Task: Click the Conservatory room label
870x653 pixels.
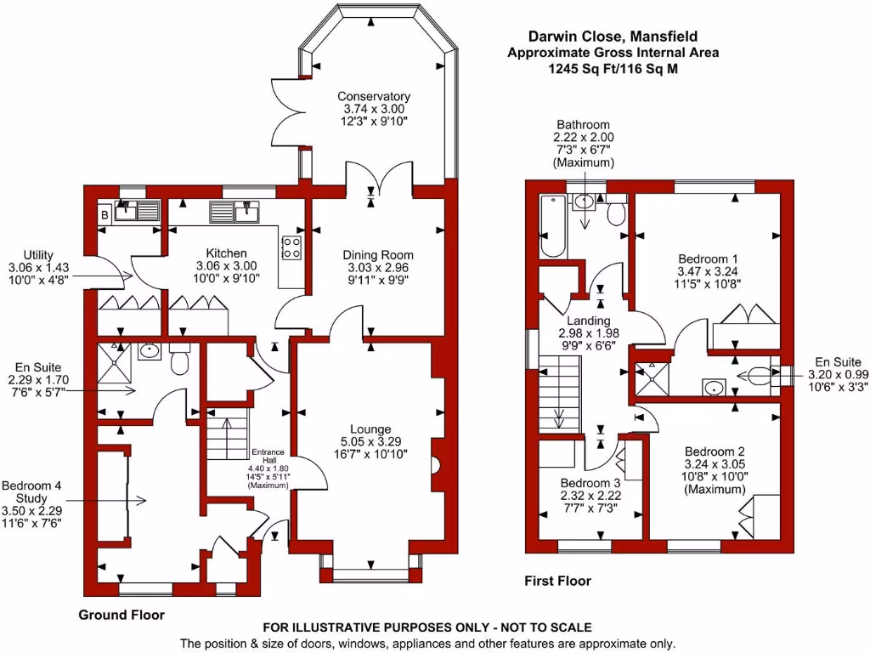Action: pyautogui.click(x=374, y=97)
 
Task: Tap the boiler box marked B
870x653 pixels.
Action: pyautogui.click(x=105, y=213)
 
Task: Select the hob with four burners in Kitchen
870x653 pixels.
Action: pyautogui.click(x=291, y=247)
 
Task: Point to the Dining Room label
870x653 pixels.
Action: pyautogui.click(x=378, y=255)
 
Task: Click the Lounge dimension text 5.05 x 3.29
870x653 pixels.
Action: pyautogui.click(x=370, y=442)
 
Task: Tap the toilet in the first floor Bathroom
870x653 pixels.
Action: pyautogui.click(x=617, y=212)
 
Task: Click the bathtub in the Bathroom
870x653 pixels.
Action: pyautogui.click(x=552, y=226)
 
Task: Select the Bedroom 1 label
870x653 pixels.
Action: pyautogui.click(x=708, y=259)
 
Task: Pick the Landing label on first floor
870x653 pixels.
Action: pyautogui.click(x=588, y=321)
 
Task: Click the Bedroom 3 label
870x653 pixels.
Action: pyautogui.click(x=590, y=483)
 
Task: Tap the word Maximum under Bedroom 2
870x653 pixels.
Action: pyautogui.click(x=715, y=489)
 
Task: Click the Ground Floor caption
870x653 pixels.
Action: pyautogui.click(x=121, y=616)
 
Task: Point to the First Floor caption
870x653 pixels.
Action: pyautogui.click(x=557, y=582)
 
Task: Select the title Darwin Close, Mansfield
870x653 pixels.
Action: pyautogui.click(x=613, y=37)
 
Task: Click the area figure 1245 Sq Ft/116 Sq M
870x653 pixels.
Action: pyautogui.click(x=613, y=69)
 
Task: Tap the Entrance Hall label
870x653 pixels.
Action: pyautogui.click(x=268, y=456)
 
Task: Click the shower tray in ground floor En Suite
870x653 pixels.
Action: pyautogui.click(x=115, y=362)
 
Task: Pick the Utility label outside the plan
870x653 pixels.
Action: pyautogui.click(x=38, y=255)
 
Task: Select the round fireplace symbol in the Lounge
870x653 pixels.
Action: pyautogui.click(x=437, y=464)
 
